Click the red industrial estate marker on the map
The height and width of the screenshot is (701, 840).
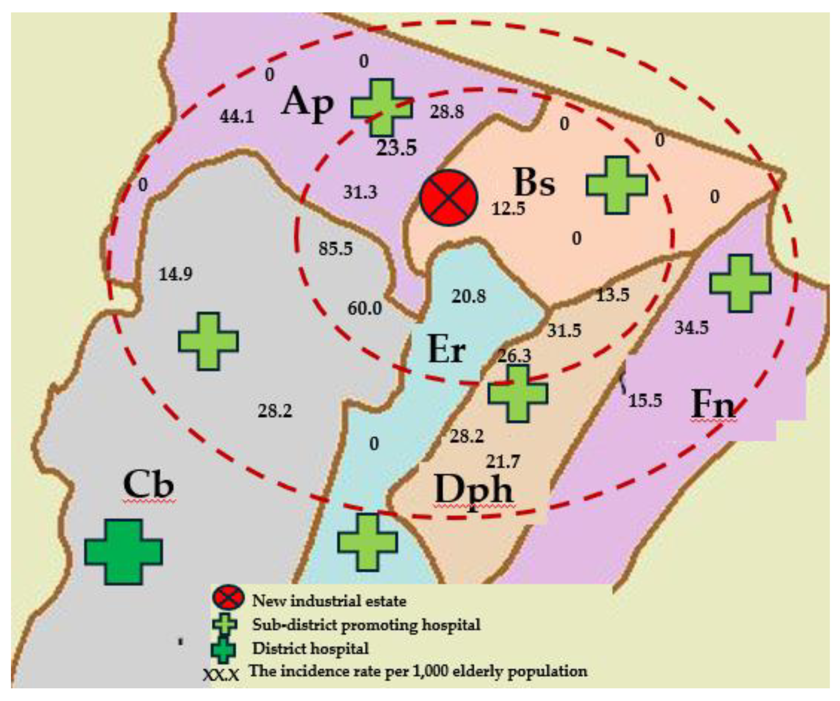[448, 198]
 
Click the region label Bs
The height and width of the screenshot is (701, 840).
[534, 183]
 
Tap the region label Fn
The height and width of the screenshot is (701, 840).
[713, 404]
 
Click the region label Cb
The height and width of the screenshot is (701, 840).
[148, 485]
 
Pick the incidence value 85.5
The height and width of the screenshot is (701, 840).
[335, 249]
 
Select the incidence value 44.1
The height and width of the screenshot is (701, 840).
[237, 116]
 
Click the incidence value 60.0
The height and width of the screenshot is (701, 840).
[364, 308]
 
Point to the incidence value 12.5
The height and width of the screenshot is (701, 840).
[508, 209]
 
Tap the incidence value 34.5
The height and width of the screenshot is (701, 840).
[691, 328]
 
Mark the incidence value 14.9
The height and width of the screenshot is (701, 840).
[175, 274]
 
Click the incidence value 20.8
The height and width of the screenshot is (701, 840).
[468, 296]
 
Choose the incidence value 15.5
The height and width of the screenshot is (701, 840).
[645, 400]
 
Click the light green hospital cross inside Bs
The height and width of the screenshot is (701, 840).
[616, 185]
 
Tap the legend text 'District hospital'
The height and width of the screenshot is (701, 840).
[310, 648]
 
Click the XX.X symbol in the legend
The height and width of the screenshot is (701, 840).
[221, 675]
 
